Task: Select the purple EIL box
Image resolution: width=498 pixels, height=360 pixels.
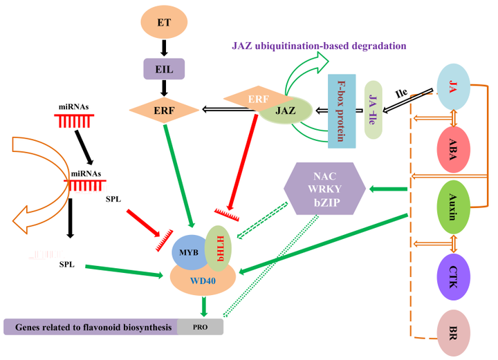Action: click(x=163, y=69)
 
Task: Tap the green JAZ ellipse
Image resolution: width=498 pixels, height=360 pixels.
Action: click(x=285, y=111)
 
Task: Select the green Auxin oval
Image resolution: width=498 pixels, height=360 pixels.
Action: click(x=454, y=206)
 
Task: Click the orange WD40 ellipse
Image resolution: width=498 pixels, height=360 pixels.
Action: click(x=203, y=280)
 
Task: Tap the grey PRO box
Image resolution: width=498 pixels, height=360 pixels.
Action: click(x=200, y=327)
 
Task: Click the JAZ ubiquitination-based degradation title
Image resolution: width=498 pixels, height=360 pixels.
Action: click(x=317, y=47)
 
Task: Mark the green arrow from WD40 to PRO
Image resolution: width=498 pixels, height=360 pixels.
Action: click(x=203, y=306)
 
